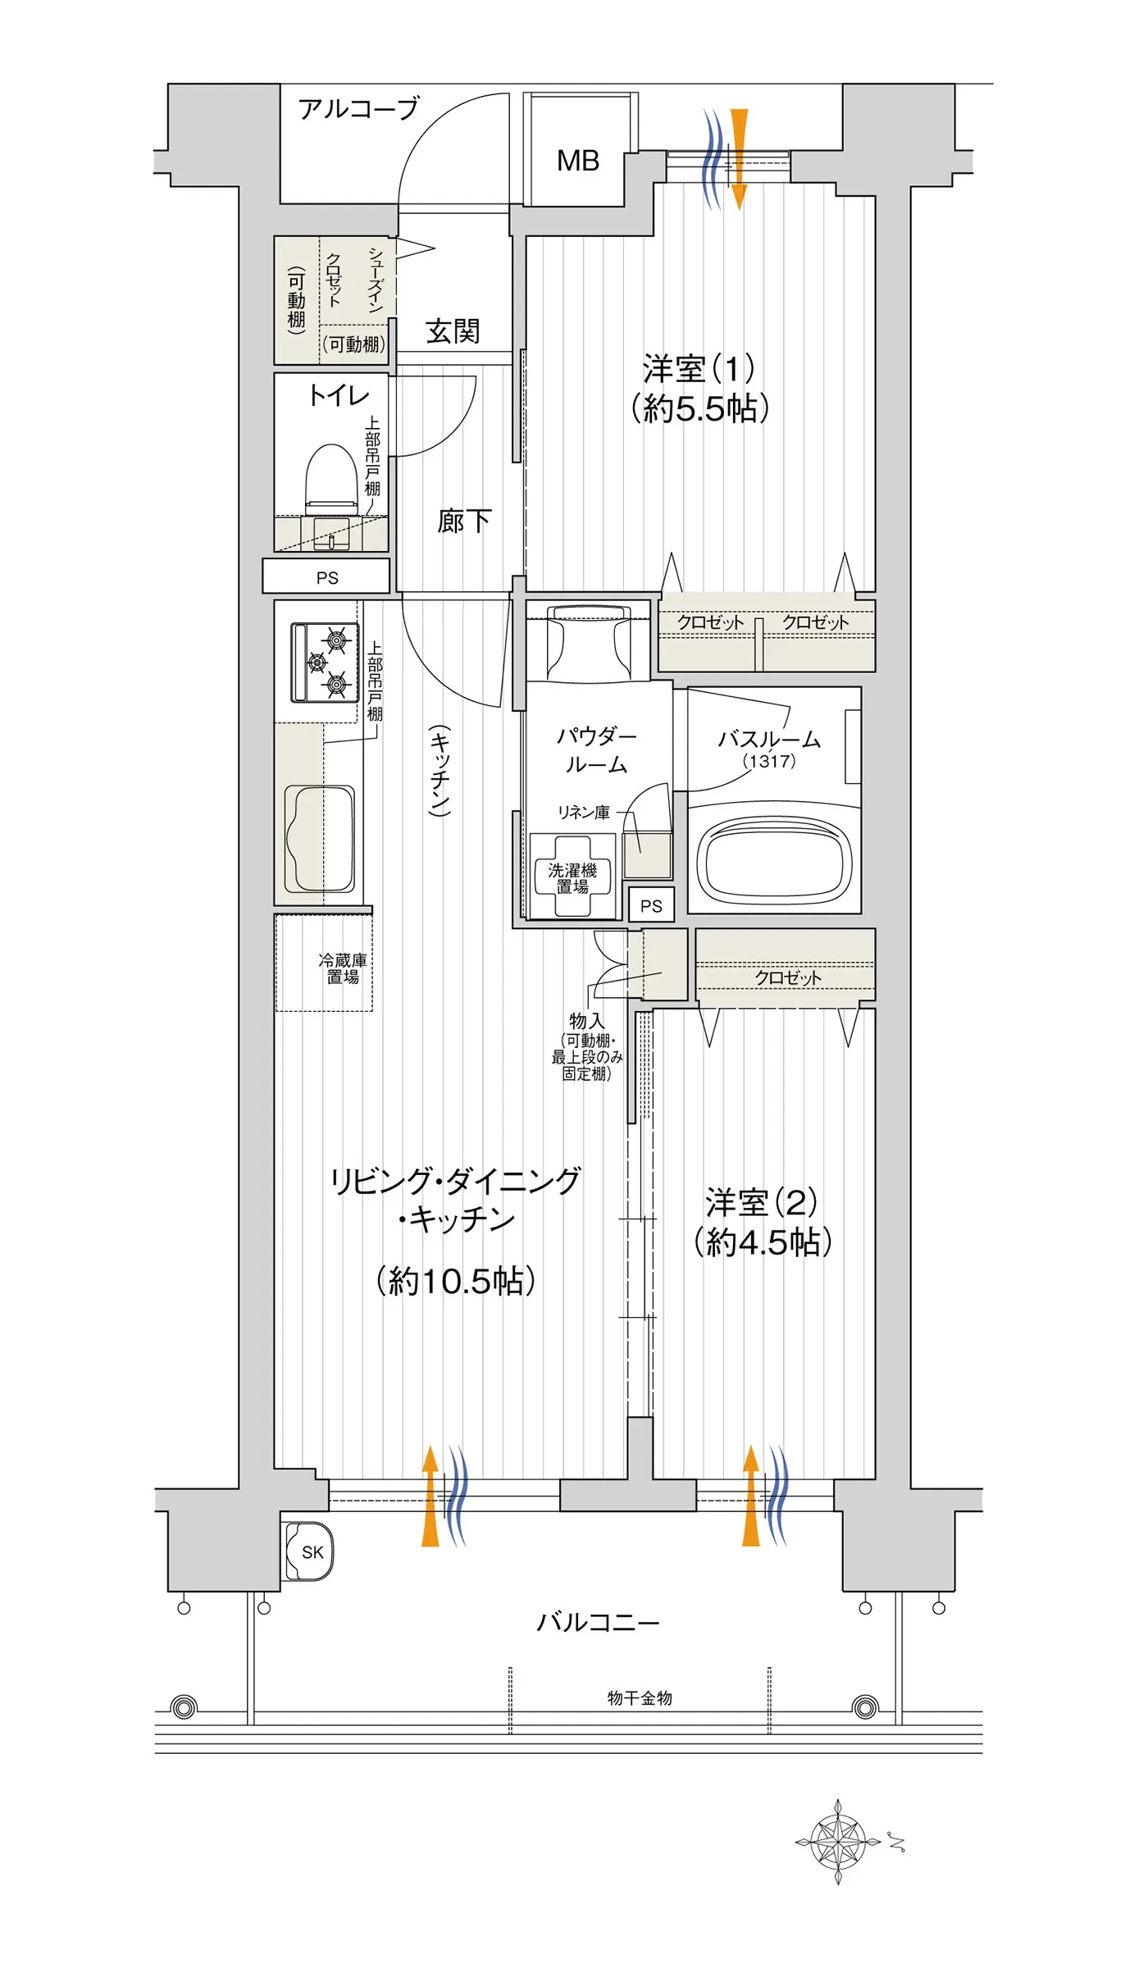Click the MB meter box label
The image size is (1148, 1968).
pos(578,161)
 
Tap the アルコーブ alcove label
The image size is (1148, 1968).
pos(359,108)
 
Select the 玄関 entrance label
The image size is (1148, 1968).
pos(453,331)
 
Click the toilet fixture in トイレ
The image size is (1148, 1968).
pos(332,481)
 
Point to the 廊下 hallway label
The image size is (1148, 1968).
pos(464,521)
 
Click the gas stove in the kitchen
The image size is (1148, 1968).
pos(325,663)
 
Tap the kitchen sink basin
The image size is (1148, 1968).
pos(320,839)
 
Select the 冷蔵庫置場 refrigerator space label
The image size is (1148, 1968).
pos(343,968)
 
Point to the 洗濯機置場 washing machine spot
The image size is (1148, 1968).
pos(572,877)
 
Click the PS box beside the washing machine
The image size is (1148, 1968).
pos(651,906)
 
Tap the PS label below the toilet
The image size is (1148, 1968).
pos(327,578)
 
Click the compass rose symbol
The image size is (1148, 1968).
pos(838,1842)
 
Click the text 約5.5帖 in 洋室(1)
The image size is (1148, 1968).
pos(700,408)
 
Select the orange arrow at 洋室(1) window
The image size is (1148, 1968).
pos(739,159)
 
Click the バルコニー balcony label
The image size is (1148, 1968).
pos(598,1622)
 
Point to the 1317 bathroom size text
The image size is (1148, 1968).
pos(769,761)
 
